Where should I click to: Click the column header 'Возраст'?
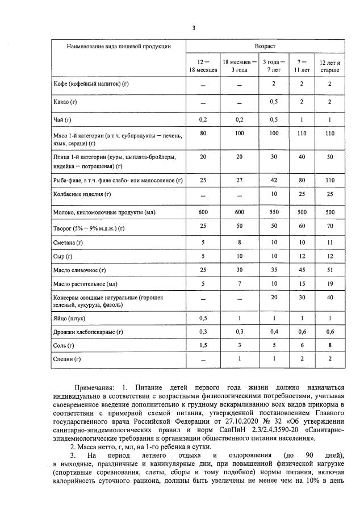265,45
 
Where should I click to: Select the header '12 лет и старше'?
330,66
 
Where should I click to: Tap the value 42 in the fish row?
274,180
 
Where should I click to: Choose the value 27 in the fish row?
239,180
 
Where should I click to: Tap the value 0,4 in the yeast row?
274,332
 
